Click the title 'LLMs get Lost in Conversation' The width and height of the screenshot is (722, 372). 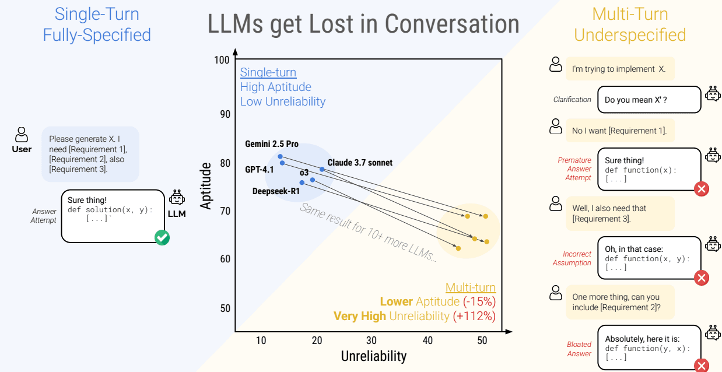click(x=363, y=24)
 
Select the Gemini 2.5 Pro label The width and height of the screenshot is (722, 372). click(x=272, y=144)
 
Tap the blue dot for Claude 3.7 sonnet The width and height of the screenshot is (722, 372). click(x=322, y=169)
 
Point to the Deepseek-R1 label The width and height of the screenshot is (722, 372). click(x=276, y=191)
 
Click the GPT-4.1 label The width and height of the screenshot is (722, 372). click(x=260, y=170)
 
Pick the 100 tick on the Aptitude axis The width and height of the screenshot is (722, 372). click(x=222, y=60)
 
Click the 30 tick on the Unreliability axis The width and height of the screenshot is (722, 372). click(x=371, y=341)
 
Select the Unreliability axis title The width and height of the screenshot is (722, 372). click(x=373, y=356)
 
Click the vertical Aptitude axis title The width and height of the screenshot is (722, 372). click(x=205, y=186)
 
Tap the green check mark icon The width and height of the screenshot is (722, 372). click(x=162, y=237)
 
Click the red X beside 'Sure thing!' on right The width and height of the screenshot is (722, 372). click(x=702, y=189)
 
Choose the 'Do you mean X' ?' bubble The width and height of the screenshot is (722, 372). click(x=649, y=100)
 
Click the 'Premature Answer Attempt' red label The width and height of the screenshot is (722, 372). click(x=574, y=169)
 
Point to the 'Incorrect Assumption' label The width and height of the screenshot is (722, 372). click(x=572, y=258)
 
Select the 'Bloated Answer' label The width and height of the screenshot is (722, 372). click(x=579, y=349)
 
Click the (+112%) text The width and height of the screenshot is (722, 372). click(x=474, y=316)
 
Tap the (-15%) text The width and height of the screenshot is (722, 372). click(x=479, y=301)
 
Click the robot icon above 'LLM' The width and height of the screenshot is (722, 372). click(x=177, y=198)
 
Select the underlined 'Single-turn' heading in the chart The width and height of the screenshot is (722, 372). click(x=268, y=72)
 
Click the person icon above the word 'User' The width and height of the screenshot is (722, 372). click(x=22, y=135)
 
